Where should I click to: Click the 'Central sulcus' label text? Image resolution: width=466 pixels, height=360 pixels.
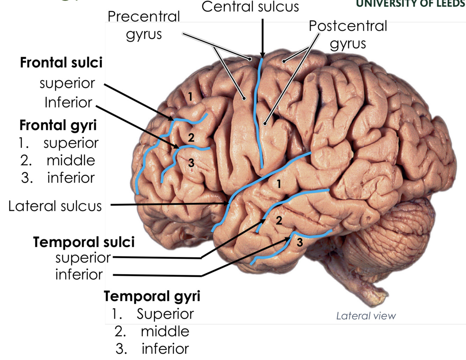point(250,7)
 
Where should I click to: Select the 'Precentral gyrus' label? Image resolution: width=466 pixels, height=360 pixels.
point(144,25)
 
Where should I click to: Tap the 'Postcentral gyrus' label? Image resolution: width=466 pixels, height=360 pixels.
point(348,34)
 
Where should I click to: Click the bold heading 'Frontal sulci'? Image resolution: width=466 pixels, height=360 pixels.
point(61,63)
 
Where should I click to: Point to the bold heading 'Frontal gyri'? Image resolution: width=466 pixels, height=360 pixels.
point(58,125)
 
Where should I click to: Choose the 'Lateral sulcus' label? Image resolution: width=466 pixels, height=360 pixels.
point(55,206)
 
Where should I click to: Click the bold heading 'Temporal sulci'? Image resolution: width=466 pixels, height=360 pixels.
point(84,242)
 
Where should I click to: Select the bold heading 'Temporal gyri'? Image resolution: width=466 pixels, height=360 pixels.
point(152,296)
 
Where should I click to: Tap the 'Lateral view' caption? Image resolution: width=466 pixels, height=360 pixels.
point(366,316)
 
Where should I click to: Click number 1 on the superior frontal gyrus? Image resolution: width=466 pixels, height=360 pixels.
point(190,96)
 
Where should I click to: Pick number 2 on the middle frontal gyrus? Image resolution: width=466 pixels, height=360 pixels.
point(191,138)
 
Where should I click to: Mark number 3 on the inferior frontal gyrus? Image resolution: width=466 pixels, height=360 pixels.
point(191,163)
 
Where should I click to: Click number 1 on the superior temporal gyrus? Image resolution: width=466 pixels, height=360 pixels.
point(279,184)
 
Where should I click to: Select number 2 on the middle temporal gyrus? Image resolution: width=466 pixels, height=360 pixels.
point(279,221)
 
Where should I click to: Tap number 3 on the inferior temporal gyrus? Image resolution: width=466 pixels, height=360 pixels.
point(300,242)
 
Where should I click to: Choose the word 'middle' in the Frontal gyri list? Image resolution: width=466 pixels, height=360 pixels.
point(71,160)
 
